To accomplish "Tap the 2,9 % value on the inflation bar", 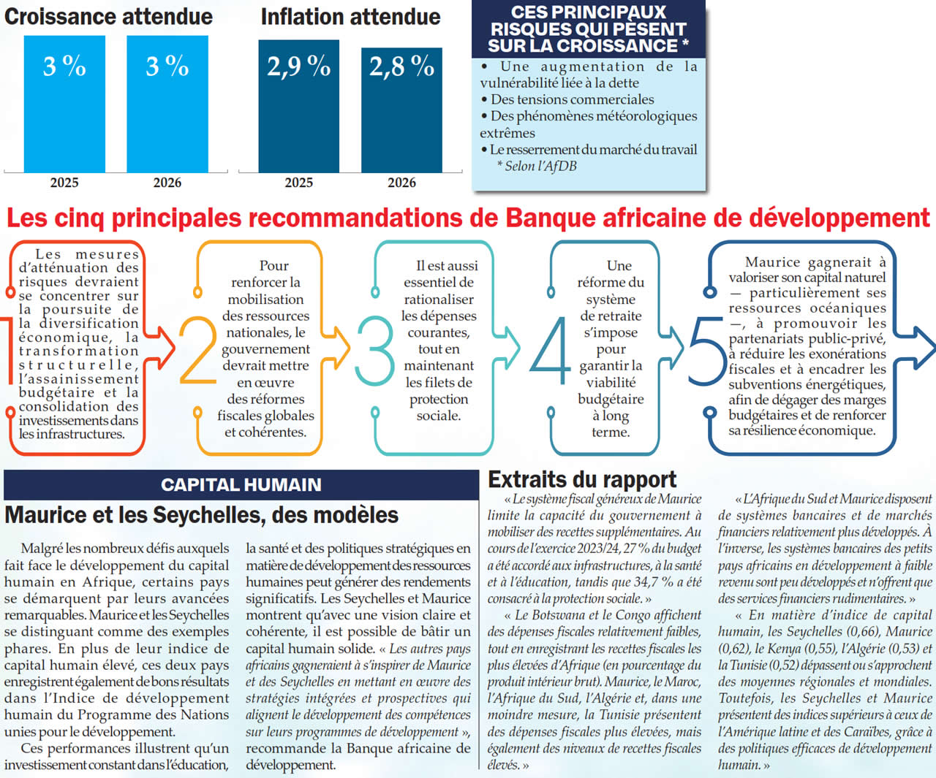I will [298, 66].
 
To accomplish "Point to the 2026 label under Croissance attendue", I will [167, 183].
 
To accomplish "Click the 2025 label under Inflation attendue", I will [298, 183].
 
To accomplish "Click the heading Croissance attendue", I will [108, 16].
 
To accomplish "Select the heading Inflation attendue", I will [350, 16].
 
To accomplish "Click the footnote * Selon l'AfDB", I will [537, 166].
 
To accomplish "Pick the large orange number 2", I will [197, 350].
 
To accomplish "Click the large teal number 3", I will [374, 350].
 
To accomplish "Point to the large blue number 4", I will [550, 350].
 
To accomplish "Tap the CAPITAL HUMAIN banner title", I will [241, 484].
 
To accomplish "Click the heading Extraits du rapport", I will [582, 479].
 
